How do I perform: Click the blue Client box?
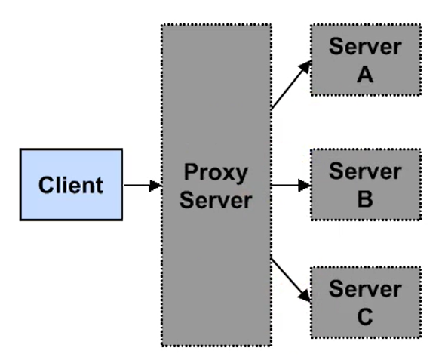(71, 185)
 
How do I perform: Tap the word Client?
(71, 185)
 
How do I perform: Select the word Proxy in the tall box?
(216, 173)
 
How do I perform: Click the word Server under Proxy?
(216, 200)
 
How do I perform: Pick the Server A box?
(366, 60)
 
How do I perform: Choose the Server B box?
(366, 184)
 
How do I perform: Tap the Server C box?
(366, 302)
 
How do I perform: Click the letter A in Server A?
(365, 75)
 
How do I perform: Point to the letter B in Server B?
(365, 198)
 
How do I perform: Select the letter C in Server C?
(365, 316)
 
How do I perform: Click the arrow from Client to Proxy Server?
(143, 186)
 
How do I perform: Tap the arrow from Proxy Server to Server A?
(291, 85)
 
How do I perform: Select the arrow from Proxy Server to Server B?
(291, 186)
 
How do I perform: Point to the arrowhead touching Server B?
(305, 186)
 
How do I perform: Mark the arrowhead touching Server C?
(305, 296)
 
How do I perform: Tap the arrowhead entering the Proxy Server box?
(155, 186)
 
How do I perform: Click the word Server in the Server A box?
(365, 46)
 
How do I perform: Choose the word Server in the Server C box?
(365, 289)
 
